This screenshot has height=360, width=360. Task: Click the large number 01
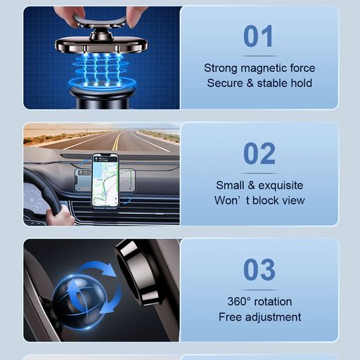pos(258,36)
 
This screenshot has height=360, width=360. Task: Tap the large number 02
pos(259,153)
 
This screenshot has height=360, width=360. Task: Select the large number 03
pos(259,269)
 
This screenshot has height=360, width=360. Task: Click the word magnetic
pos(264,68)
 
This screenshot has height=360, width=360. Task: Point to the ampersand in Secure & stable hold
pos(250,83)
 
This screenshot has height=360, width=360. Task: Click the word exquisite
pos(281,186)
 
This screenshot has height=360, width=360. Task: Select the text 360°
pos(239,302)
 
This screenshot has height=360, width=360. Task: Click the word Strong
pos(221,68)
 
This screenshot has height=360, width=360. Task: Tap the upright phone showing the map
pos(105,181)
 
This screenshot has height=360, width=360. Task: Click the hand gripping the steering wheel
pos(59,216)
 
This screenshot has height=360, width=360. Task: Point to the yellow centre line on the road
pos(117,140)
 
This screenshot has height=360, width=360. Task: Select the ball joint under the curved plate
pos(101,36)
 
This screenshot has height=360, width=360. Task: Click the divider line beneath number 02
pos(259,173)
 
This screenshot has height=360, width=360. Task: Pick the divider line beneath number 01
pos(259,56)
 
